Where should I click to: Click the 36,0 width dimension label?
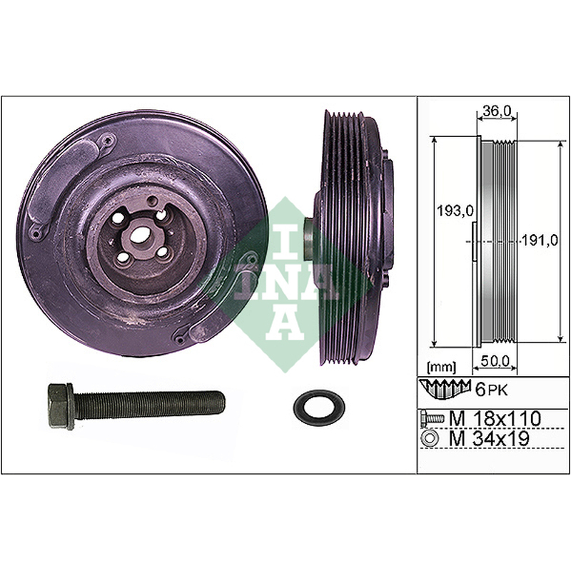(x=497, y=111)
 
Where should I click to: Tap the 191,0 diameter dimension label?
(x=540, y=241)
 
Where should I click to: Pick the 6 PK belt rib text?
(x=492, y=390)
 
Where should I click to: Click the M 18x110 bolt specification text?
(x=495, y=419)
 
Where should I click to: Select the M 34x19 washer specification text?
(x=489, y=439)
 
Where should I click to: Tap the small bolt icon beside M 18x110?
(x=433, y=419)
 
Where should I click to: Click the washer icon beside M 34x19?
(x=430, y=438)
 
